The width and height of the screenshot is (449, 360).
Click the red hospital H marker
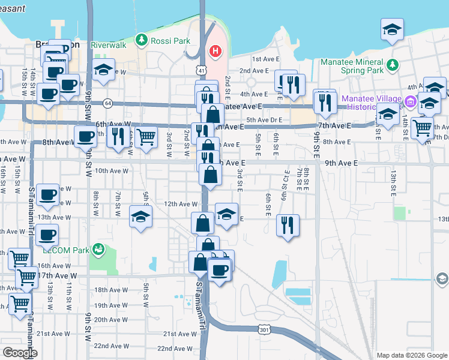click(214, 52)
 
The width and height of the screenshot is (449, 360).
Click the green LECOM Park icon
click(98, 249)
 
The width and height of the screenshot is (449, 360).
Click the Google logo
click(20, 353)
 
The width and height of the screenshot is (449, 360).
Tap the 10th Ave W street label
click(112, 170)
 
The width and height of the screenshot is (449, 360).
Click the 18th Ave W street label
click(109, 290)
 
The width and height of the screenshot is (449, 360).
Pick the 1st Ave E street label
click(264, 59)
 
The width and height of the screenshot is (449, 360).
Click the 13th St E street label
click(394, 184)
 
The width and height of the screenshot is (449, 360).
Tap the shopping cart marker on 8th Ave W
click(147, 137)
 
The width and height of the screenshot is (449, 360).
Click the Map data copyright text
click(411, 355)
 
